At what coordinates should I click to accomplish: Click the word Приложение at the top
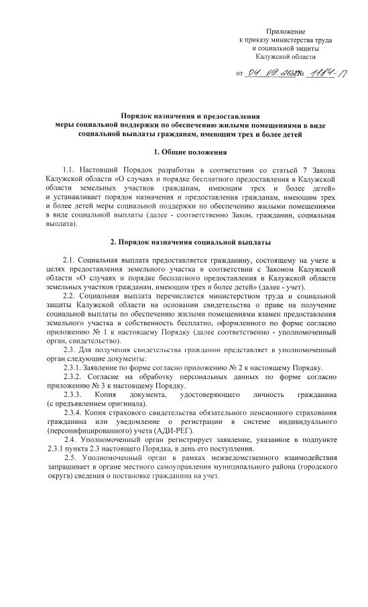coord(286,32)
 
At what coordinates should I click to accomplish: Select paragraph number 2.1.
coord(68,259)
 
